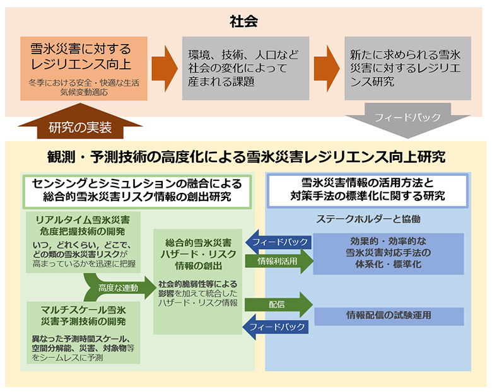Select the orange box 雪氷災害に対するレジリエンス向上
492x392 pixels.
click(84, 68)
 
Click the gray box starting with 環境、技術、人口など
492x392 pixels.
click(245, 68)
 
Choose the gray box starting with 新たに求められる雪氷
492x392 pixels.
click(407, 68)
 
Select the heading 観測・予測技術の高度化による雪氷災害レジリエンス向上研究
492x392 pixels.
click(246, 157)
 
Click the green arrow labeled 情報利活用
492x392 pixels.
click(278, 260)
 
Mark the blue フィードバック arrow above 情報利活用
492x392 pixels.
click(278, 241)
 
